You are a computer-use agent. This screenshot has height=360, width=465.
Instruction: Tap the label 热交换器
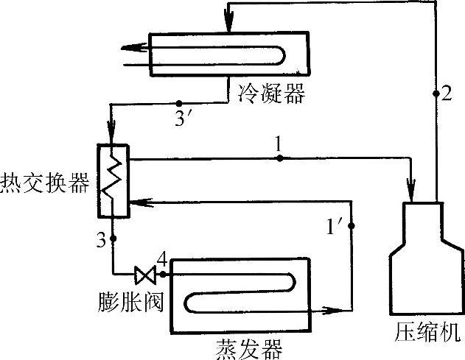point(46,184)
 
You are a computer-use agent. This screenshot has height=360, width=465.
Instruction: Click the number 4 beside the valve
point(161,259)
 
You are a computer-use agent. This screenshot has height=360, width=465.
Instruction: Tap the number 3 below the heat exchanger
point(100,239)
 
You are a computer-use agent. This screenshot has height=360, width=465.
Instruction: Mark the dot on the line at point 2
point(436,93)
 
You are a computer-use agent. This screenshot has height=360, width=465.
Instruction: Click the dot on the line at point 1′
point(352,226)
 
